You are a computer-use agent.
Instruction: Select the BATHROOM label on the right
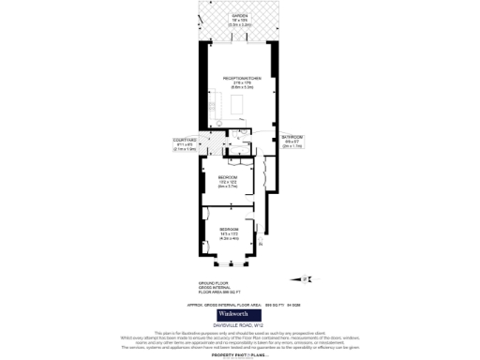[x=292, y=138]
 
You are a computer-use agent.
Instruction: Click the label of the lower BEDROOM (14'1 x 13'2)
[x=230, y=230]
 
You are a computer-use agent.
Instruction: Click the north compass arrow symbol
[x=307, y=277]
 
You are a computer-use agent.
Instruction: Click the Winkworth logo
[x=239, y=314]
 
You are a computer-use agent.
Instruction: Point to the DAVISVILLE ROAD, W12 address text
[x=239, y=325]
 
